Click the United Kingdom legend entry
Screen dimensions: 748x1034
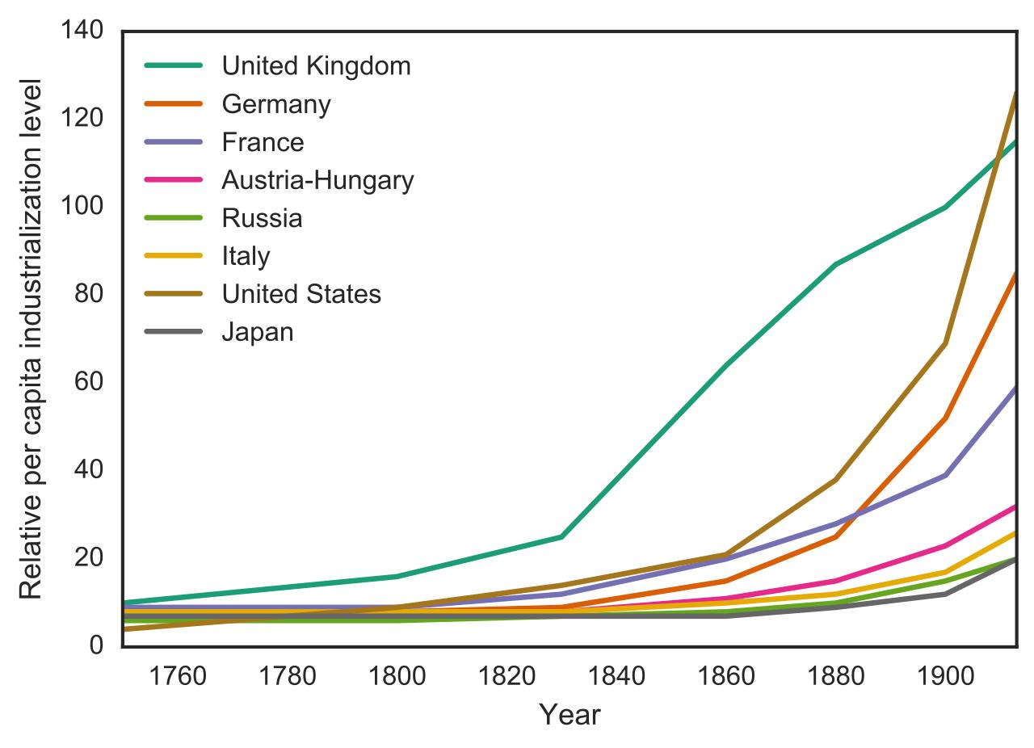[316, 66]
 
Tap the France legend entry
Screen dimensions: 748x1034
[263, 143]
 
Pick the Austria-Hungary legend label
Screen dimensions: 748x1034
[317, 180]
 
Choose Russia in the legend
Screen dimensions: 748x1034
[262, 218]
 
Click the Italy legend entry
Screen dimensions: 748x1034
[246, 256]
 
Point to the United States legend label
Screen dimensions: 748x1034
[301, 294]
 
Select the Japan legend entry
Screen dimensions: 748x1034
[258, 332]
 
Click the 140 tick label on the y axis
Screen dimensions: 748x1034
[82, 31]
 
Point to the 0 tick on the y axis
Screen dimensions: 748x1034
[95, 645]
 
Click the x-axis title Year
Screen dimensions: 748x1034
[570, 715]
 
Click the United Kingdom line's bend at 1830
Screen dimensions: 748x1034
[561, 536]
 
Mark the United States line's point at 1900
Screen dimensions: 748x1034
[944, 343]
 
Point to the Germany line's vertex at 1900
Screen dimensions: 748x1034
[944, 418]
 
